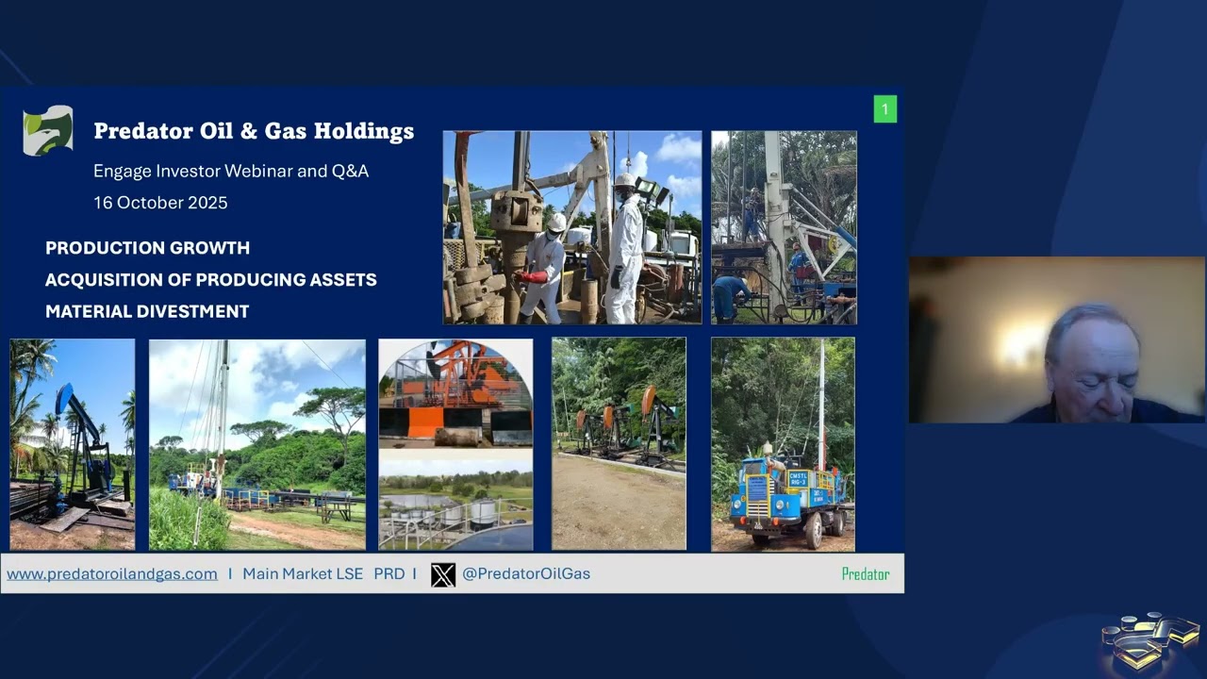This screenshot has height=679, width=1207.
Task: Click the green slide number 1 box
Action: click(885, 109)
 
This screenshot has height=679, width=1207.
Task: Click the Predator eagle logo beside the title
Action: click(48, 130)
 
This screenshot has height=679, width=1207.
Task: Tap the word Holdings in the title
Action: click(364, 131)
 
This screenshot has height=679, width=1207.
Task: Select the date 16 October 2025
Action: click(160, 203)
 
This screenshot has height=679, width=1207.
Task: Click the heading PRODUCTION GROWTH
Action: click(148, 248)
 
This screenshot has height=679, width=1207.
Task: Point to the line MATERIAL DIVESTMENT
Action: click(147, 311)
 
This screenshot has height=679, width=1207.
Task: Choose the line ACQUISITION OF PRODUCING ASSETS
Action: click(211, 280)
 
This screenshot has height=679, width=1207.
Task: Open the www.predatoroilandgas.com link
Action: click(112, 574)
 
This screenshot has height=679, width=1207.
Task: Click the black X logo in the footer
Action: click(443, 574)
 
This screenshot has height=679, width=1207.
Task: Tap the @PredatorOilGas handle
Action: click(526, 574)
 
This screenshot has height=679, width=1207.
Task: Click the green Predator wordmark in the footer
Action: click(866, 574)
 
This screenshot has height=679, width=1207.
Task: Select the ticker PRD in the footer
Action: click(389, 574)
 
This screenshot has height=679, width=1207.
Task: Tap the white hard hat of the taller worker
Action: click(625, 180)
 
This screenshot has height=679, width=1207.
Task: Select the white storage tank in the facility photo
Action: click(482, 514)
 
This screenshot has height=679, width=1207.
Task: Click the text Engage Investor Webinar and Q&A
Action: click(231, 172)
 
